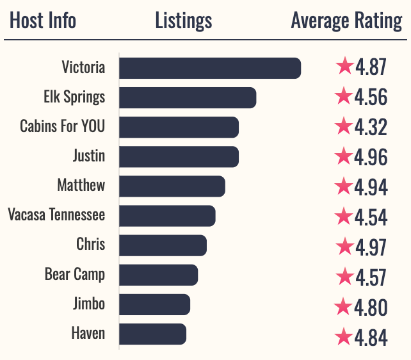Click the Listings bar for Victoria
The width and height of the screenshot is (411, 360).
pyautogui.click(x=210, y=69)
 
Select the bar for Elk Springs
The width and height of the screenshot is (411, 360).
pyautogui.click(x=188, y=98)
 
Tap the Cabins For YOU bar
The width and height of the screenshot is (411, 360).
pyautogui.click(x=179, y=127)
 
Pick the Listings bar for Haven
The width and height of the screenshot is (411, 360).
pyautogui.click(x=152, y=334)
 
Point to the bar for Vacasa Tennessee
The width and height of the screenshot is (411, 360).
pyautogui.click(x=167, y=216)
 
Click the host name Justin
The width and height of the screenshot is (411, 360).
pyautogui.click(x=89, y=156)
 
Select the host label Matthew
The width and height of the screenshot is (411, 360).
pyautogui.click(x=81, y=186)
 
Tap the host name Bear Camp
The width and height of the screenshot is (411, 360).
pyautogui.click(x=75, y=275)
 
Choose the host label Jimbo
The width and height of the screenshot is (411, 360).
pyautogui.click(x=89, y=304)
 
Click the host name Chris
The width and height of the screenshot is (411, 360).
pyautogui.click(x=90, y=245)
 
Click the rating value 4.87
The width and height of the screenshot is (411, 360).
pyautogui.click(x=371, y=68)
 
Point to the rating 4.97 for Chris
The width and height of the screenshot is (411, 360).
pyautogui.click(x=371, y=247)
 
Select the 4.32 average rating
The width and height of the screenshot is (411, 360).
pyautogui.click(x=371, y=127)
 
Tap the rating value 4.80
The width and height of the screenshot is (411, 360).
pyautogui.click(x=371, y=307)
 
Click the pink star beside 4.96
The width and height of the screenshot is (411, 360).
pyautogui.click(x=344, y=156)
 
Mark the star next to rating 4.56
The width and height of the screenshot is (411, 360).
pyautogui.click(x=344, y=97)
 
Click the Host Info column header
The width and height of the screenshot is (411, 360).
pyautogui.click(x=43, y=20)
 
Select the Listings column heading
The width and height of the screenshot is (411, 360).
pyautogui.click(x=184, y=20)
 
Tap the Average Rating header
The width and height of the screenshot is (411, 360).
pyautogui.click(x=346, y=20)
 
